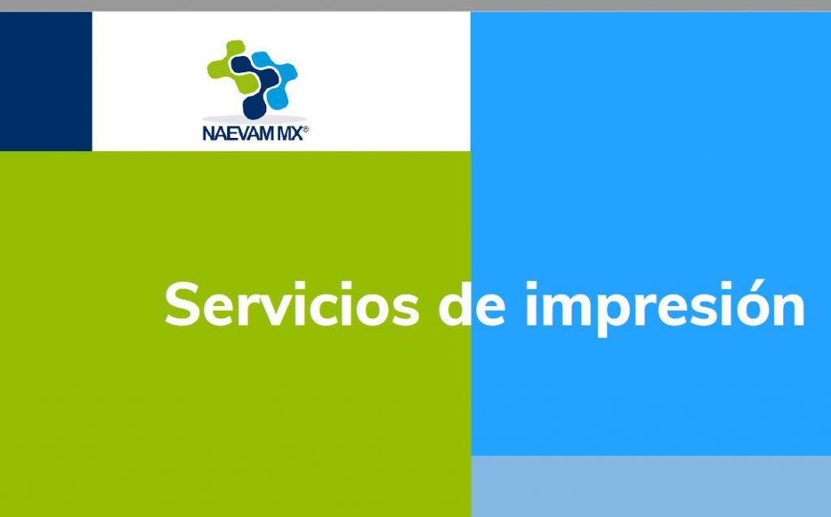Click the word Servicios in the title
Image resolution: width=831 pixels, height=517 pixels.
[x=292, y=304]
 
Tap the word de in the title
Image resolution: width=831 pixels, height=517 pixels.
[x=471, y=304]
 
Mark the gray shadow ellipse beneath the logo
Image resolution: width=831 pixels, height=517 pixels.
[x=254, y=118]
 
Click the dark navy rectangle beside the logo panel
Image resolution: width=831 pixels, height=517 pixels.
[x=46, y=81]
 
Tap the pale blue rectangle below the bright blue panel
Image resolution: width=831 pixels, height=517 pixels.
[x=651, y=486]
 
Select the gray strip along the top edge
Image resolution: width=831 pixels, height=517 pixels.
[x=415, y=6]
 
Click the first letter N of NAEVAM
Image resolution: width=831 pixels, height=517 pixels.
[x=209, y=134]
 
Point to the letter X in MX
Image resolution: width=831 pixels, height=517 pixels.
[x=296, y=134]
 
